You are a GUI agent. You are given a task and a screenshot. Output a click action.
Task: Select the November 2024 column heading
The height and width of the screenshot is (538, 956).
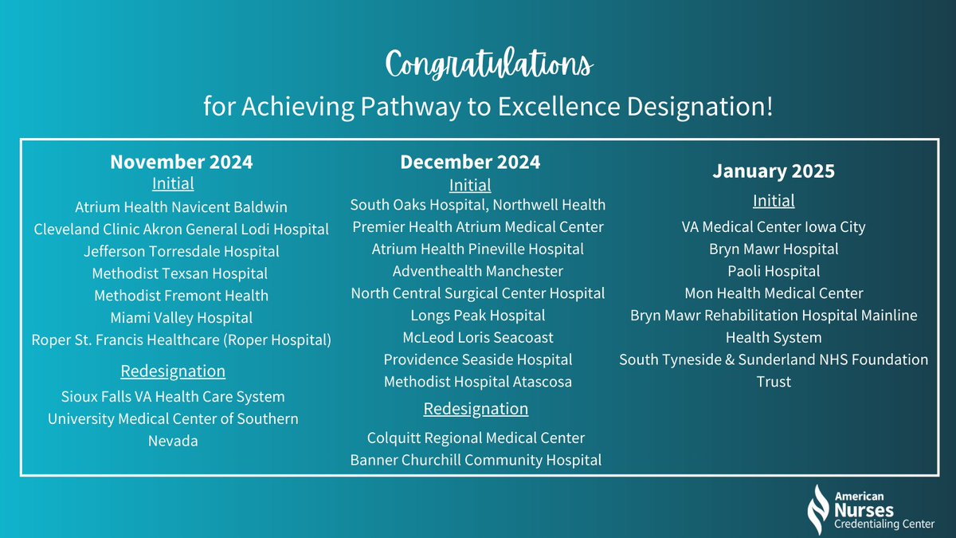pyautogui.click(x=181, y=162)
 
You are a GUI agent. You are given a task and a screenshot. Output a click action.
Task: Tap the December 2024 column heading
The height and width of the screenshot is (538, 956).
pyautogui.click(x=469, y=162)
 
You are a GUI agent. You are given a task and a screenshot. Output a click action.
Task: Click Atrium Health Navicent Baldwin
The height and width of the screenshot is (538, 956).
pyautogui.click(x=181, y=207)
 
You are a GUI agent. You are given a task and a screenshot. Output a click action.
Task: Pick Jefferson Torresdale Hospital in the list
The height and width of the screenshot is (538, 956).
pyautogui.click(x=181, y=251)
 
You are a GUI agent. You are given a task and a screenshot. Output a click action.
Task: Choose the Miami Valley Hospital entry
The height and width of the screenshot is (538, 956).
pyautogui.click(x=181, y=317)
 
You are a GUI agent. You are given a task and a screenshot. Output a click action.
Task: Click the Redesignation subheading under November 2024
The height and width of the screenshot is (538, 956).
pyautogui.click(x=173, y=371)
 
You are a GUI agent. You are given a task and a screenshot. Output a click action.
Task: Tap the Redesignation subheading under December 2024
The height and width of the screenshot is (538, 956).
pyautogui.click(x=476, y=409)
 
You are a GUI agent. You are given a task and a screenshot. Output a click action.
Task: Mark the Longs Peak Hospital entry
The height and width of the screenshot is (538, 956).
pyautogui.click(x=478, y=316)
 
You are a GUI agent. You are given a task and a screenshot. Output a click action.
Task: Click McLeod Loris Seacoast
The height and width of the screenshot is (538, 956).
pyautogui.click(x=478, y=337)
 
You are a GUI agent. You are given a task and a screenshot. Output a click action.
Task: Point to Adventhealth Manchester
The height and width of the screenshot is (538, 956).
pyautogui.click(x=478, y=271)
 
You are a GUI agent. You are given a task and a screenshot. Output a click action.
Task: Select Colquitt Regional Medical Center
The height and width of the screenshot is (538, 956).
pyautogui.click(x=476, y=438)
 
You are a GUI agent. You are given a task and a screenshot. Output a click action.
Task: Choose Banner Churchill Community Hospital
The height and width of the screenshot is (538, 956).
pyautogui.click(x=476, y=459)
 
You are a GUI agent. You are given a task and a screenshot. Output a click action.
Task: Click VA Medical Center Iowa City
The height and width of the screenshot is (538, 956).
pyautogui.click(x=774, y=227)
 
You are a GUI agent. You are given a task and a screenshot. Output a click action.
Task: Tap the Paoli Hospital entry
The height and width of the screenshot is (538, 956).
pyautogui.click(x=774, y=271)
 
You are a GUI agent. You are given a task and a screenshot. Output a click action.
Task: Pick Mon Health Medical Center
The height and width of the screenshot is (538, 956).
pyautogui.click(x=774, y=293)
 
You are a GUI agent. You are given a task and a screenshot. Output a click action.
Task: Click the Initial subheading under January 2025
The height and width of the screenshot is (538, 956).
pyautogui.click(x=774, y=201)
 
